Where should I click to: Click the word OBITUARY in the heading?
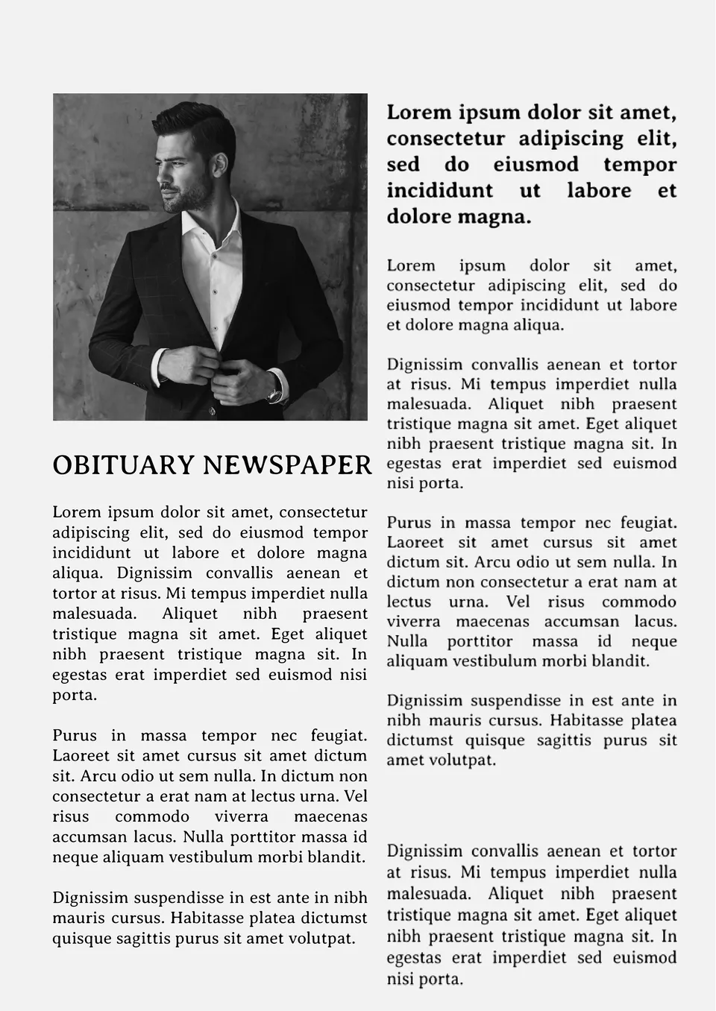(123, 465)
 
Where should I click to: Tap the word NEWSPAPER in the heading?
(287, 465)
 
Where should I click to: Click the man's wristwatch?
(274, 394)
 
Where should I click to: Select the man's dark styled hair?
(195, 123)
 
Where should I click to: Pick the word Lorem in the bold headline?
(419, 113)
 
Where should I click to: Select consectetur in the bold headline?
(445, 139)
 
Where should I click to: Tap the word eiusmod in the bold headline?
(536, 165)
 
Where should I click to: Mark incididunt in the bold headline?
(439, 191)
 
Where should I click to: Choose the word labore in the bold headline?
(599, 191)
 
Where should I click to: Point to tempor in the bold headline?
(640, 165)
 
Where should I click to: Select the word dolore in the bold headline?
(418, 217)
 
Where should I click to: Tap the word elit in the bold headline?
(656, 139)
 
